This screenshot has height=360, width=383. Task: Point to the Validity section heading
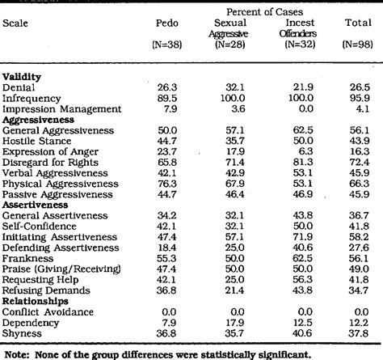tap(23, 76)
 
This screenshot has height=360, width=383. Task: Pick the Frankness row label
tap(27, 256)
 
